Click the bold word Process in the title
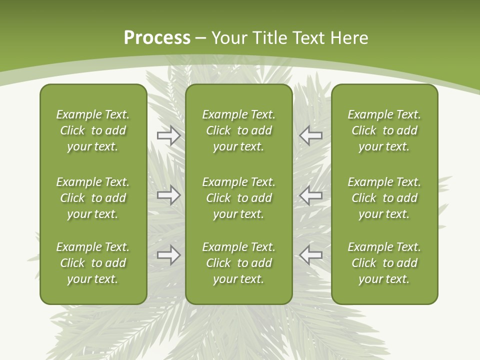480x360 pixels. (157, 38)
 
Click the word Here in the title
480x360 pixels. (350, 38)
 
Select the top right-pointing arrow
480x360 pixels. (168, 135)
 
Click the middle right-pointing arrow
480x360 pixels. (168, 194)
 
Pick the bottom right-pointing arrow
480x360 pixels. (168, 254)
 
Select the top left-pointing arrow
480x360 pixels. (310, 135)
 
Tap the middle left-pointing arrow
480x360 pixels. (310, 194)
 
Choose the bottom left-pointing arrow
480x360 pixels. (310, 254)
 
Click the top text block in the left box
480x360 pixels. (93, 130)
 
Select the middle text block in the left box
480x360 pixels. (93, 198)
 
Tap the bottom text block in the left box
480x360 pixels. (93, 263)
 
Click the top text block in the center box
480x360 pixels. (238, 130)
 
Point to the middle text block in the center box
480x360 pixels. (238, 198)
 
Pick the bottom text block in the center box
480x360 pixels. (238, 263)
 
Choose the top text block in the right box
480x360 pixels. (384, 130)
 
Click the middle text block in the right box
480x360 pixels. (384, 198)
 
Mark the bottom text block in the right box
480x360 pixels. (384, 263)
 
